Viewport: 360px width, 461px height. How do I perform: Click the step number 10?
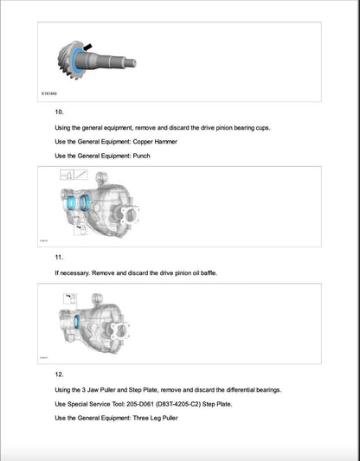pos(60,112)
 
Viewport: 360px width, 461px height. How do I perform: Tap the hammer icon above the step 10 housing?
pos(66,175)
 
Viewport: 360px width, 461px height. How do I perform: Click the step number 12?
pos(60,375)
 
